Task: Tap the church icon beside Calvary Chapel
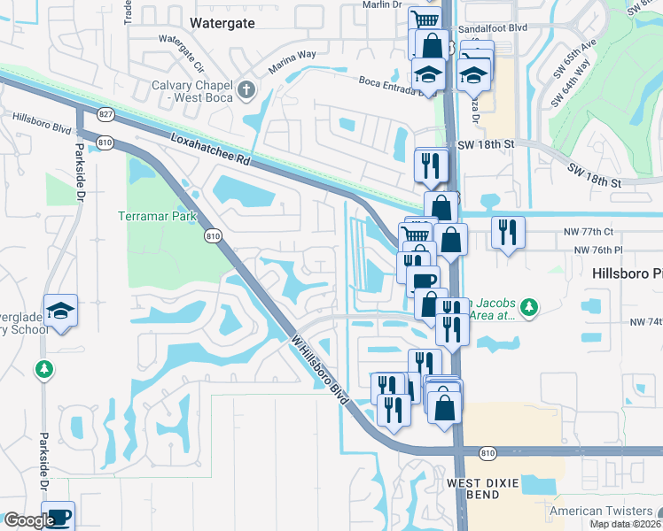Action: [x=246, y=89]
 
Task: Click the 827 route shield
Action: [x=105, y=114]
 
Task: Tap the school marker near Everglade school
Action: [x=60, y=311]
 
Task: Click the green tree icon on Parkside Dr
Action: [x=43, y=369]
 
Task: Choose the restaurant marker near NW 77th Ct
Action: [x=508, y=232]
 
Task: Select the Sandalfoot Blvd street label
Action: [x=497, y=28]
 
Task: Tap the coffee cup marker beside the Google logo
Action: [x=58, y=516]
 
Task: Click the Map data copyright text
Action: [x=626, y=524]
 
